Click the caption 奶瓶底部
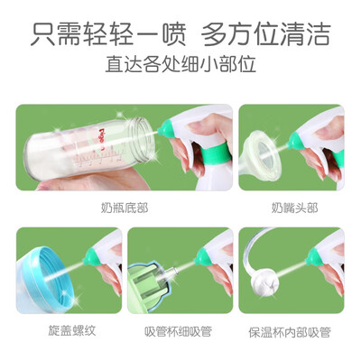pyautogui.click(x=125, y=208)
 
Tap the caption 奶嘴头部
pyautogui.click(x=294, y=208)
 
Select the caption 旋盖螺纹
pyautogui.click(x=72, y=330)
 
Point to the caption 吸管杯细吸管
pyautogui.click(x=179, y=331)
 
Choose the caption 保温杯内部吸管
pyautogui.click(x=290, y=332)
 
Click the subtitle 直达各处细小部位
pyautogui.click(x=180, y=63)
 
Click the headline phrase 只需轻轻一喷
pyautogui.click(x=108, y=33)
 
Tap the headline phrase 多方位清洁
pyautogui.click(x=266, y=33)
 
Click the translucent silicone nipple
pyautogui.click(x=262, y=156)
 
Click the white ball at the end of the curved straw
pyautogui.click(x=264, y=282)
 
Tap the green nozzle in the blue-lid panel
pyautogui.click(x=91, y=255)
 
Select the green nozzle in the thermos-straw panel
pyautogui.click(x=312, y=256)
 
